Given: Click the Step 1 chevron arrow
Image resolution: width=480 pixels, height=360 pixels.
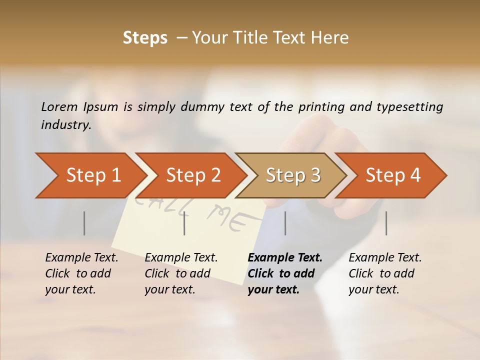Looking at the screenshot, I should [x=90, y=175].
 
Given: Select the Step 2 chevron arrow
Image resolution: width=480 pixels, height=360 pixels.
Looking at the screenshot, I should [x=192, y=175].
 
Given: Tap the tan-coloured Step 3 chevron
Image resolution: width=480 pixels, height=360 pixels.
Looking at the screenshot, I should [x=292, y=175].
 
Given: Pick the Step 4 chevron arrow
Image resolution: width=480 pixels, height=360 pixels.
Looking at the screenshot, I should [x=392, y=175].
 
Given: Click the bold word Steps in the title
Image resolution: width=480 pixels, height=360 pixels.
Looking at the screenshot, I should [x=145, y=38].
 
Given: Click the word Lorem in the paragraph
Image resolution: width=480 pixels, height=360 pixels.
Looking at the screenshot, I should [x=59, y=106].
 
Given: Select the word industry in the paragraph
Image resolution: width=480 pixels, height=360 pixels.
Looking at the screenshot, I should [x=65, y=124].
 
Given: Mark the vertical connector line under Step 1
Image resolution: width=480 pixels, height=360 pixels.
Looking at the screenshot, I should [x=84, y=223].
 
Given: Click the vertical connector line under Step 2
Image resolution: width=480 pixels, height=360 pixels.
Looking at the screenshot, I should [x=184, y=223].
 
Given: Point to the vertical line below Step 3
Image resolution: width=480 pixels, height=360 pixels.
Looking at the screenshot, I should [x=285, y=223].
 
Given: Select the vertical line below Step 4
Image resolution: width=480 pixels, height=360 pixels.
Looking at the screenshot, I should [x=386, y=223].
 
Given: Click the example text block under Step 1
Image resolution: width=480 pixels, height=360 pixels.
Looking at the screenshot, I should [x=81, y=273].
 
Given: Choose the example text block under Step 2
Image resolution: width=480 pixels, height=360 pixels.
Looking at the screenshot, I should [x=181, y=273].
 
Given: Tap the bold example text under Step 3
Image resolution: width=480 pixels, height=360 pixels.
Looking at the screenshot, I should [x=285, y=273].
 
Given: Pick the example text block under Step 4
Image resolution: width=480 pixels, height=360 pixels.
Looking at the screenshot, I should [x=385, y=273].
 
